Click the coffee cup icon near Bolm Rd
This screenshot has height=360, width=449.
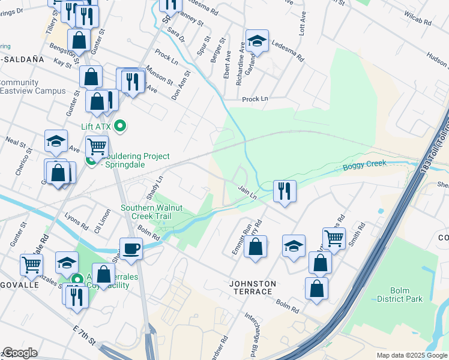[x=131, y=248]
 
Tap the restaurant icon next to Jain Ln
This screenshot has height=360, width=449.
[x=284, y=191]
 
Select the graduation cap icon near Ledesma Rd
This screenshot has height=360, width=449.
[x=257, y=41]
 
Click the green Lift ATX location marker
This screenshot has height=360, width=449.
[x=120, y=126]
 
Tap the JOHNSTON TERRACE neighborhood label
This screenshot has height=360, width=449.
[x=252, y=288]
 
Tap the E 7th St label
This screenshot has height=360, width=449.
[x=84, y=337]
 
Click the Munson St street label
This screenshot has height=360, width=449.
[x=158, y=75]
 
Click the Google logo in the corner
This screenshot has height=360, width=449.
[x=20, y=353]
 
